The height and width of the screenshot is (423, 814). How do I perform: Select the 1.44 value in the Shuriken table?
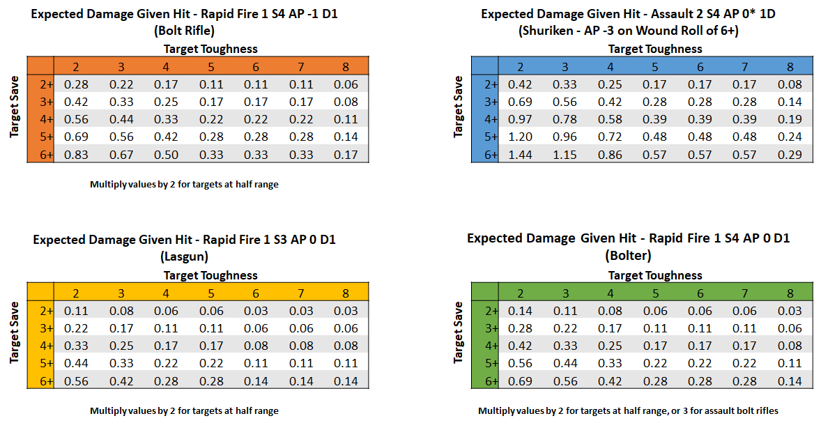(x=520, y=155)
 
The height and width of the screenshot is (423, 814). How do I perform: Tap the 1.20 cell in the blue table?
(x=520, y=137)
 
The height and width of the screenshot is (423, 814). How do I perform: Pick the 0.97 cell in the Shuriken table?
(x=520, y=120)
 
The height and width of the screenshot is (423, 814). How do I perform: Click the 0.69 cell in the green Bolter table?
(x=520, y=381)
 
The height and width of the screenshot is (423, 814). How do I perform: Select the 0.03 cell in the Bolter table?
(x=790, y=312)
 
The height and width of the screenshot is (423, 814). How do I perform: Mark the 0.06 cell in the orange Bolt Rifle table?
(x=346, y=85)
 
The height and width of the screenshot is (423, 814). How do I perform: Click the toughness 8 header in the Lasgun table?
(x=346, y=293)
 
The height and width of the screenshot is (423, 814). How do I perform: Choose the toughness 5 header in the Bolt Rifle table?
(x=210, y=67)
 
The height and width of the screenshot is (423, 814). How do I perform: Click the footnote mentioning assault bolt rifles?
(x=628, y=410)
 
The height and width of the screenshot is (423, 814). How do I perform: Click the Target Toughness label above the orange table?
(x=210, y=49)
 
